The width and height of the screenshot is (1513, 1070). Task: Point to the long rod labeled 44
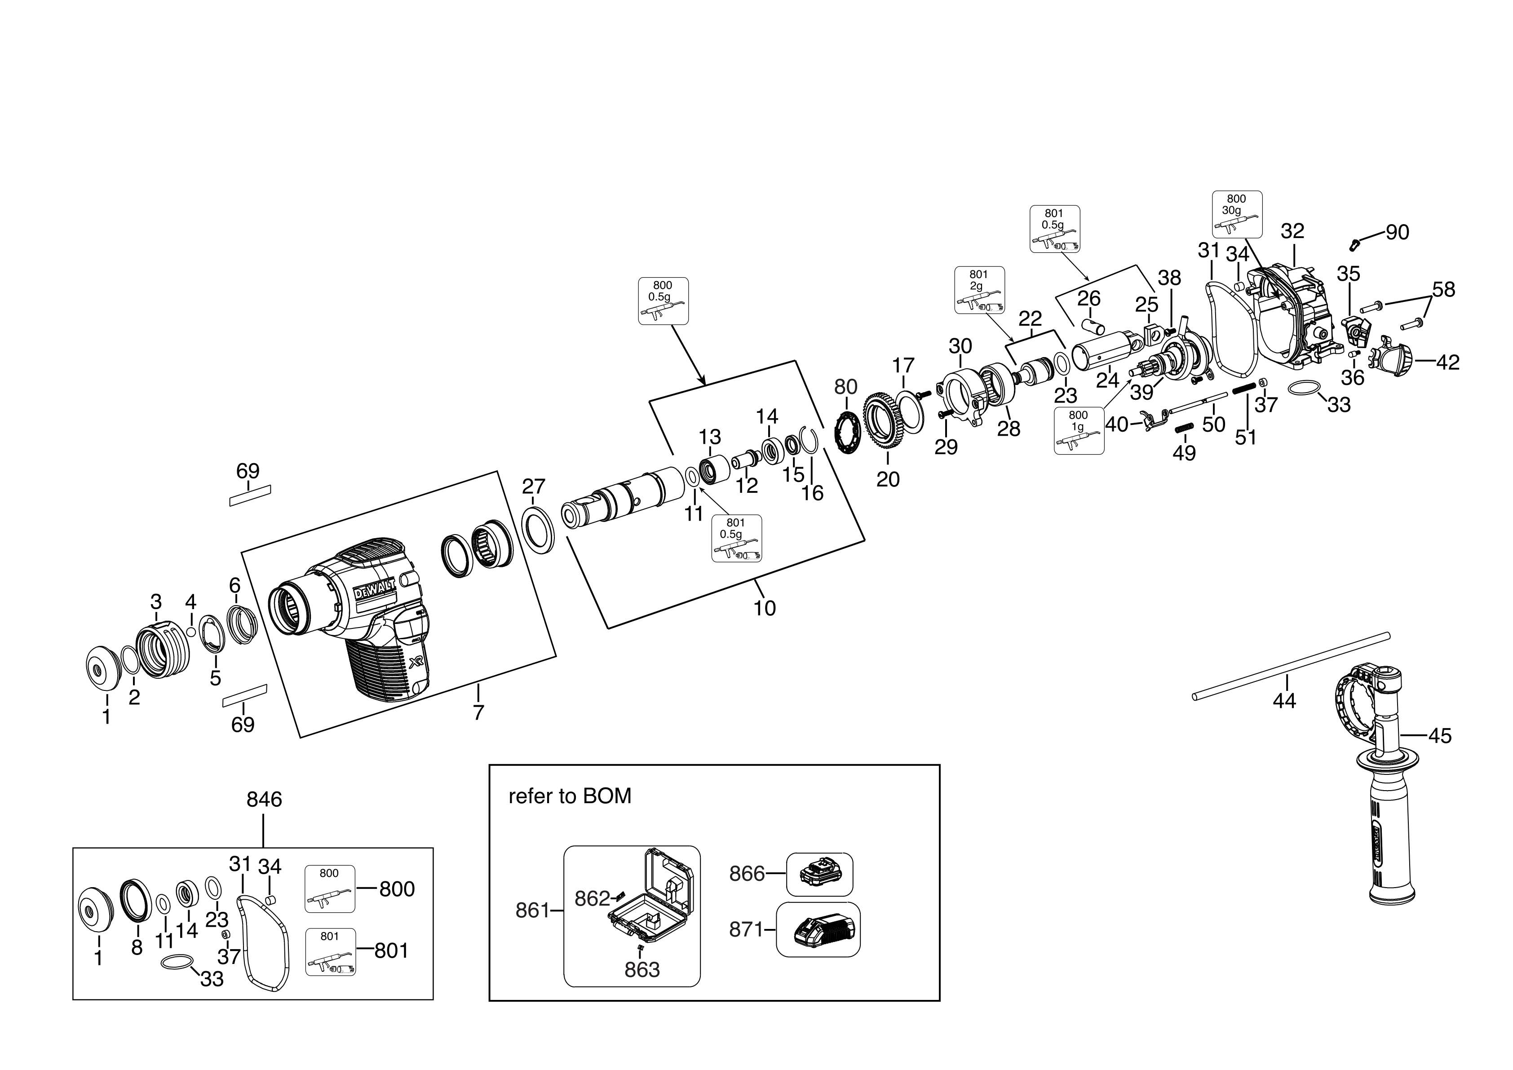point(1290,665)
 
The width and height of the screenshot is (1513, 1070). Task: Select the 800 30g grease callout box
point(1237,214)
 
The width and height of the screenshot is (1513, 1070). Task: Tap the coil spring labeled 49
point(1184,428)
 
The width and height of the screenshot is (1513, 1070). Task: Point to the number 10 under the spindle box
point(765,607)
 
